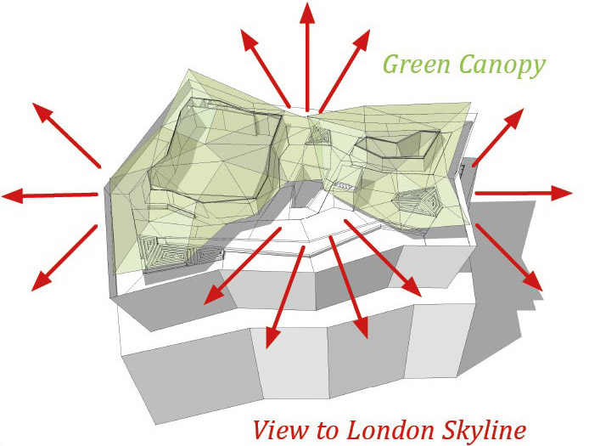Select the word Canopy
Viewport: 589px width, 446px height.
(x=502, y=65)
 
